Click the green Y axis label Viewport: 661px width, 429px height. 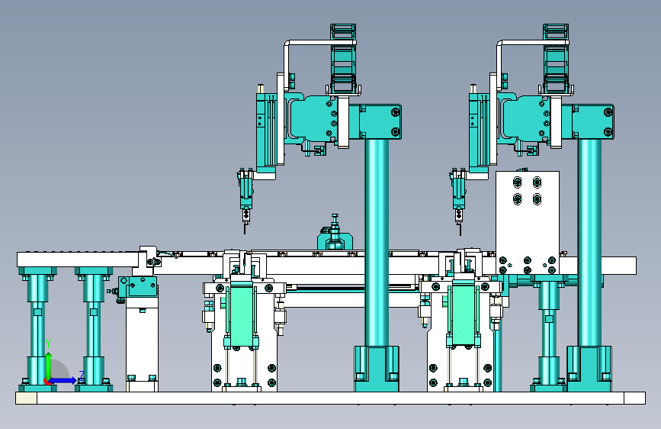click(48, 344)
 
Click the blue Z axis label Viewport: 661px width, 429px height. click(82, 375)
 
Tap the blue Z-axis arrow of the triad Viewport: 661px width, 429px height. click(63, 380)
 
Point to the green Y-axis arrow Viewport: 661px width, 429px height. click(49, 366)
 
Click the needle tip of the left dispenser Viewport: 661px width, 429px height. click(245, 233)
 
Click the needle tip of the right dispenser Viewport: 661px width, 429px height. click(460, 234)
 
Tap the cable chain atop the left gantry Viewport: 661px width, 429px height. click(343, 58)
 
